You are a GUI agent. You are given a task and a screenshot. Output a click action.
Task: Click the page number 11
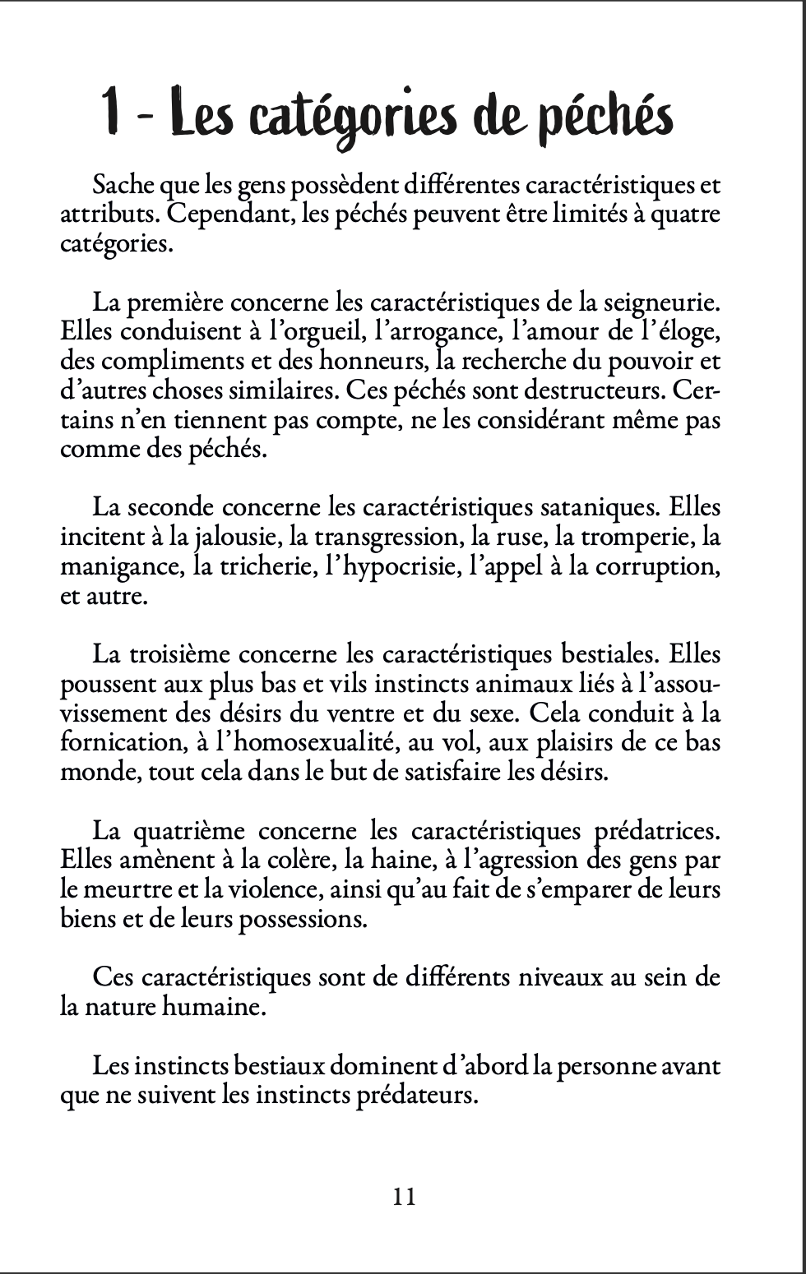(x=405, y=1196)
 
